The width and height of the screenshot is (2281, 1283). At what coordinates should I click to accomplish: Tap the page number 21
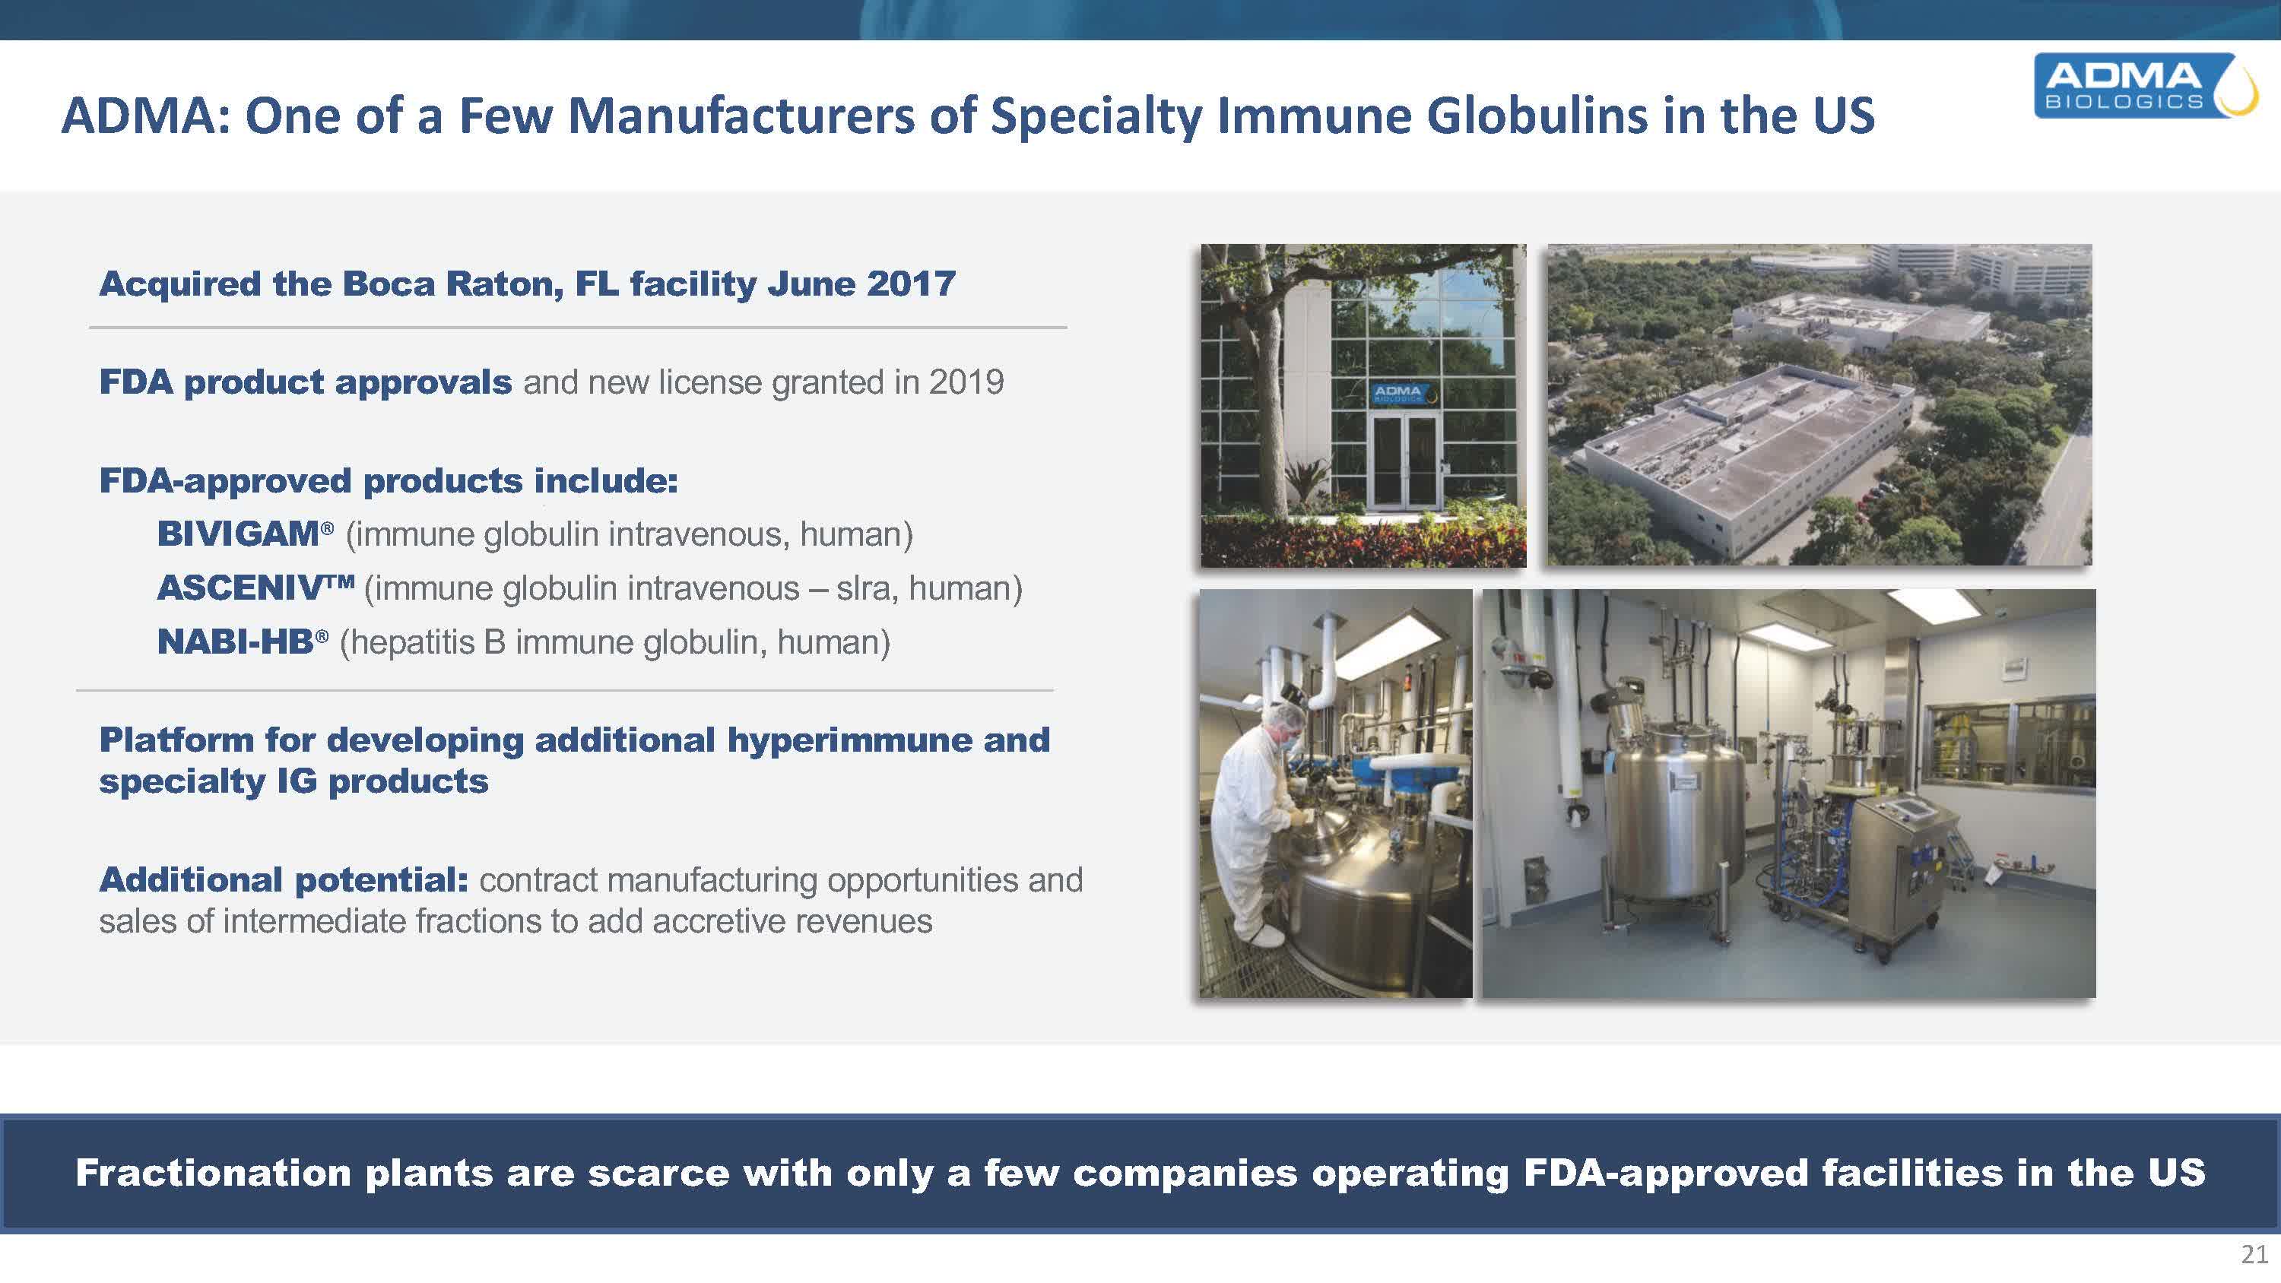pyautogui.click(x=2254, y=1255)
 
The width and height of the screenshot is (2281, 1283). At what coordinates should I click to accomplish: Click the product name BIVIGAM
pyautogui.click(x=238, y=534)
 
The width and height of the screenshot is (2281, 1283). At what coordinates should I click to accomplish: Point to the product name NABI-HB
pyautogui.click(x=236, y=642)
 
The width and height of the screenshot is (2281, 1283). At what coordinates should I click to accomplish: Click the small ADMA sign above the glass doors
pyautogui.click(x=1398, y=393)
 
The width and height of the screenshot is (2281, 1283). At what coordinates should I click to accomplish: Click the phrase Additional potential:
pyautogui.click(x=284, y=880)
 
